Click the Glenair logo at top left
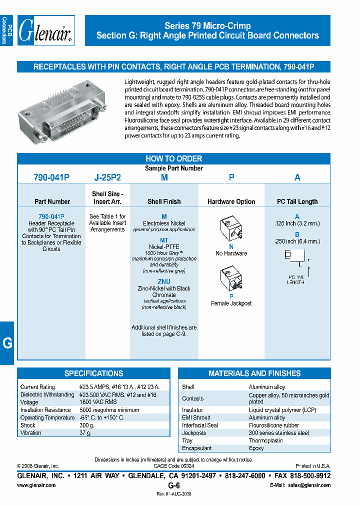pyautogui.click(x=45, y=31)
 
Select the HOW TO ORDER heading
pyautogui.click(x=173, y=158)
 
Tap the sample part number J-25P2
pyautogui.click(x=107, y=177)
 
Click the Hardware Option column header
pyautogui.click(x=231, y=201)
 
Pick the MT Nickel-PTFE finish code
pyautogui.click(x=164, y=240)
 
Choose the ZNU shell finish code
pyautogui.click(x=164, y=281)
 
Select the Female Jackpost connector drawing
pyautogui.click(x=231, y=280)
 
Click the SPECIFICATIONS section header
pyautogui.click(x=93, y=373)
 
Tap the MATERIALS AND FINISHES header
pyautogui.click(x=254, y=373)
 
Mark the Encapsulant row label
pyautogui.click(x=196, y=448)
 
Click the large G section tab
pyautogui.click(x=7, y=343)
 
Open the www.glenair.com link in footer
pyautogui.click(x=36, y=485)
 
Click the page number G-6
pyautogui.click(x=173, y=485)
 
